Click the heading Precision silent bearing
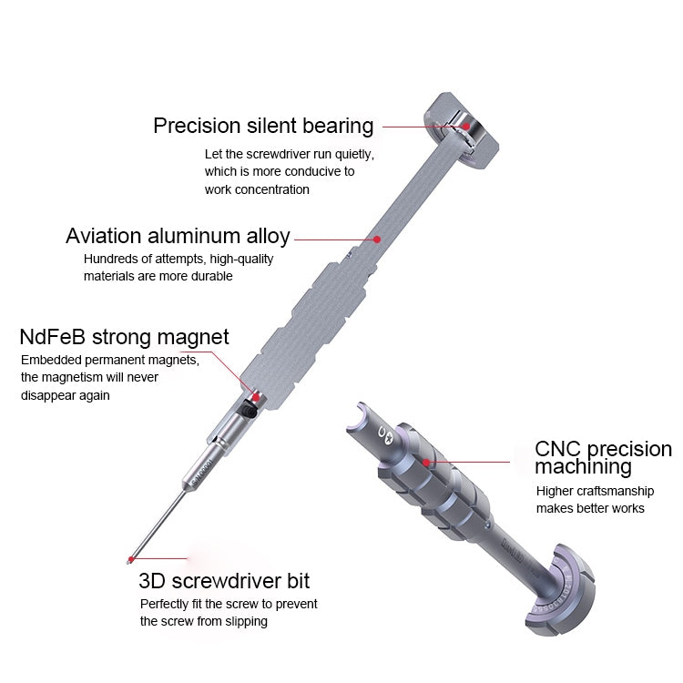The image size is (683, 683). [263, 126]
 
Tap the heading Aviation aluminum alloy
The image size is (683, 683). [178, 237]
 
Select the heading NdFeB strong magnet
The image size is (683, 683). [124, 338]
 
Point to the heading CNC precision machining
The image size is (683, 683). [602, 458]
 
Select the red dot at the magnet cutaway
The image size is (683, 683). [256, 397]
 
